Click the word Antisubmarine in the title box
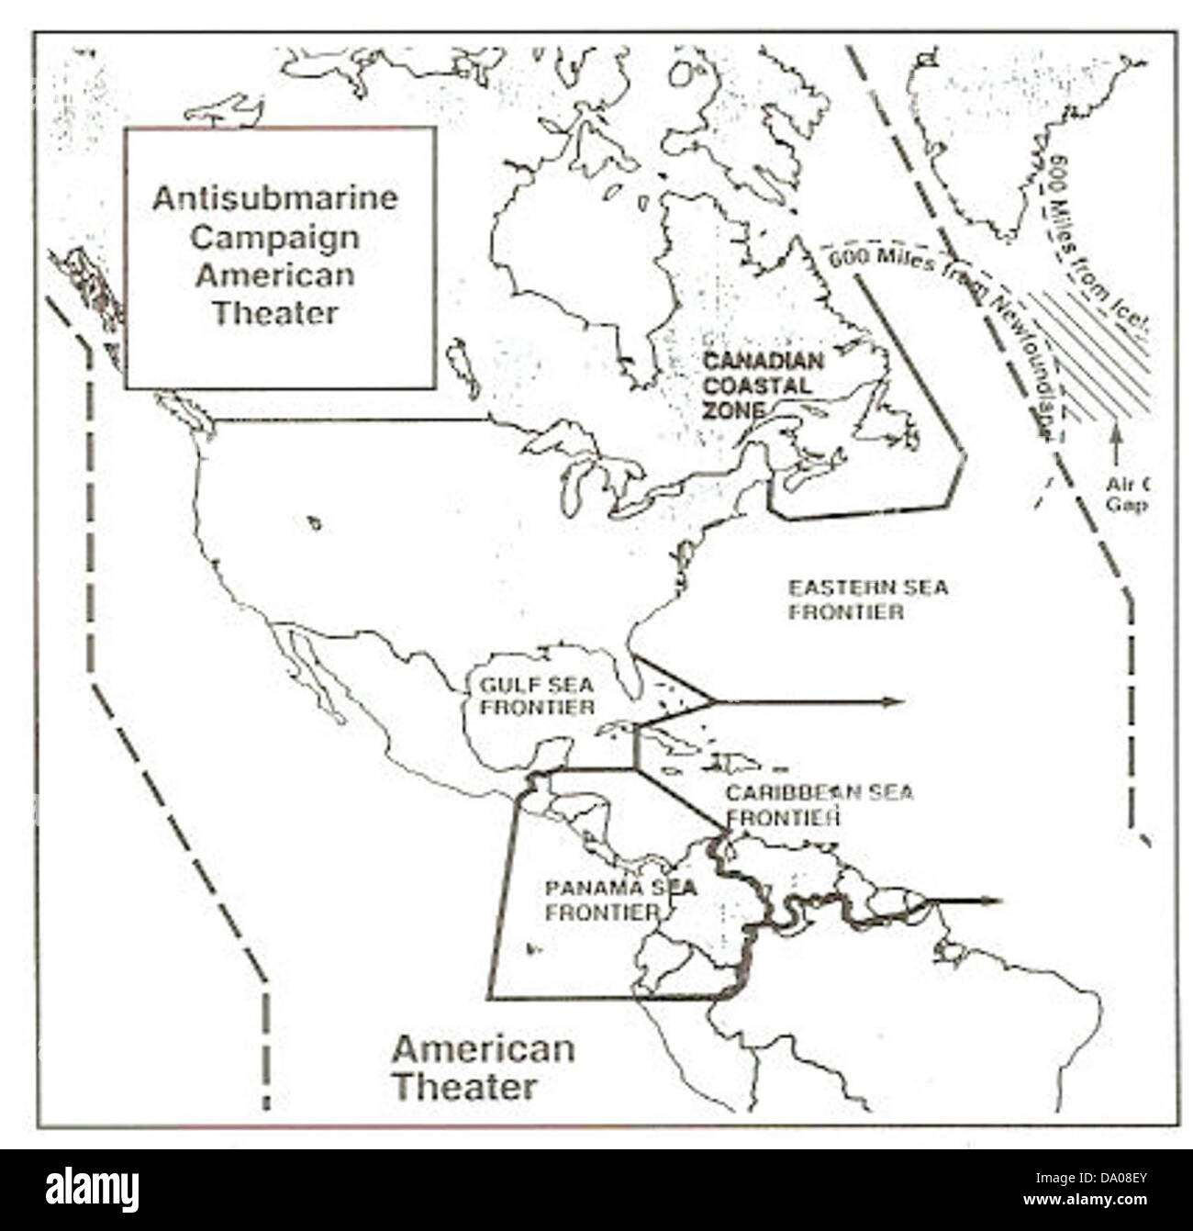(x=275, y=198)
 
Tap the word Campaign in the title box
(x=275, y=237)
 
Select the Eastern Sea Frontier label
(x=867, y=599)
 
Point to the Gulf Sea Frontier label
(x=536, y=695)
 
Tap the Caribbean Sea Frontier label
(x=819, y=804)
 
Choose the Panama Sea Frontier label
(x=619, y=900)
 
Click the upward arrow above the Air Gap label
(x=1116, y=444)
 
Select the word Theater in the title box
(x=275, y=313)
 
